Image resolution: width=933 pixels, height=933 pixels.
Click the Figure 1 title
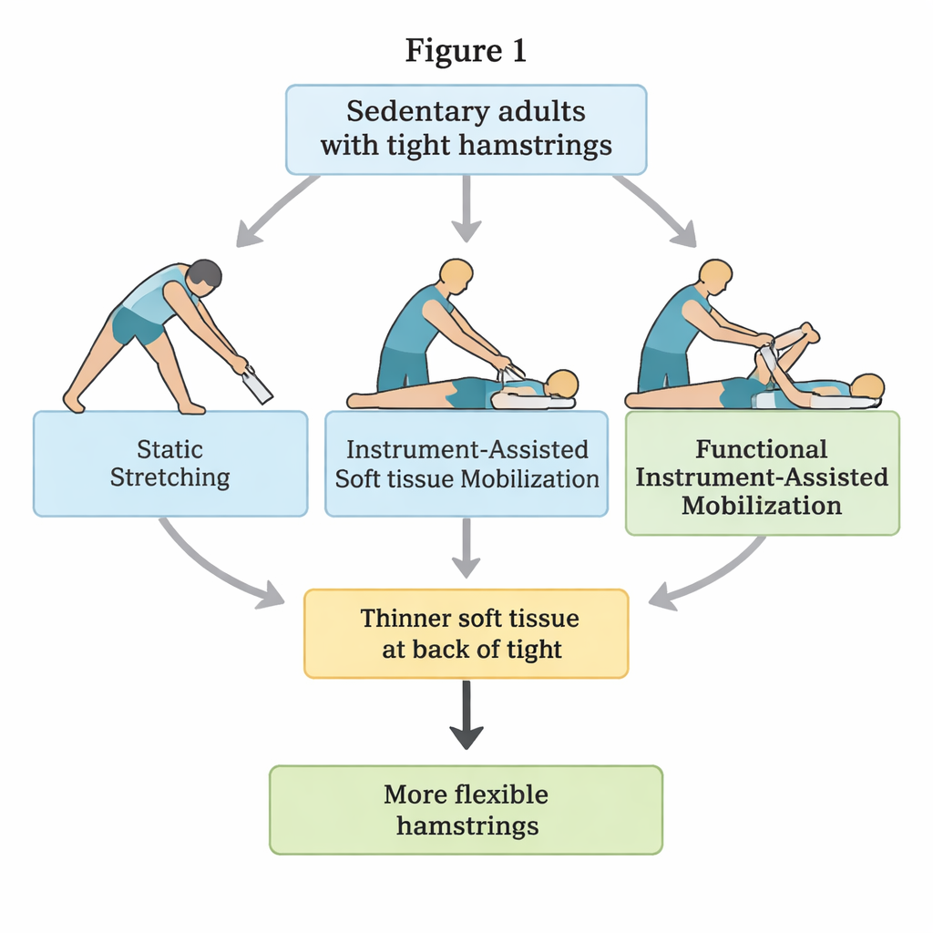(466, 51)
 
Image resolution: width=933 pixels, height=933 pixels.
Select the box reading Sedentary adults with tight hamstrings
(466, 128)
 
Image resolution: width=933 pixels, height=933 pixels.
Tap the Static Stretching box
(170, 464)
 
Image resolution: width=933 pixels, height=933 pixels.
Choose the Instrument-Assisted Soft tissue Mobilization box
(466, 464)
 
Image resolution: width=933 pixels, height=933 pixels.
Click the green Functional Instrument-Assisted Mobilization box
(762, 473)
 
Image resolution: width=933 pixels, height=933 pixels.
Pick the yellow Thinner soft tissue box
(466, 633)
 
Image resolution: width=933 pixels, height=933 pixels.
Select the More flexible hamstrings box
(466, 809)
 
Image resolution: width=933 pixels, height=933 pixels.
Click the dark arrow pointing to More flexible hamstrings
(466, 715)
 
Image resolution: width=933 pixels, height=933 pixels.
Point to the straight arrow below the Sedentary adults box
(466, 208)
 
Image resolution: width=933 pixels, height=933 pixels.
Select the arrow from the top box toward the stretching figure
(273, 211)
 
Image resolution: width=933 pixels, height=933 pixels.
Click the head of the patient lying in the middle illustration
(562, 383)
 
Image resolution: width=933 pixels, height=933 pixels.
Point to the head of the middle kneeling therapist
(456, 273)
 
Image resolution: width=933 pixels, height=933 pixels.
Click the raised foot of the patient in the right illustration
(806, 333)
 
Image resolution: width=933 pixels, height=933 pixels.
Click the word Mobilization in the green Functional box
(762, 506)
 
